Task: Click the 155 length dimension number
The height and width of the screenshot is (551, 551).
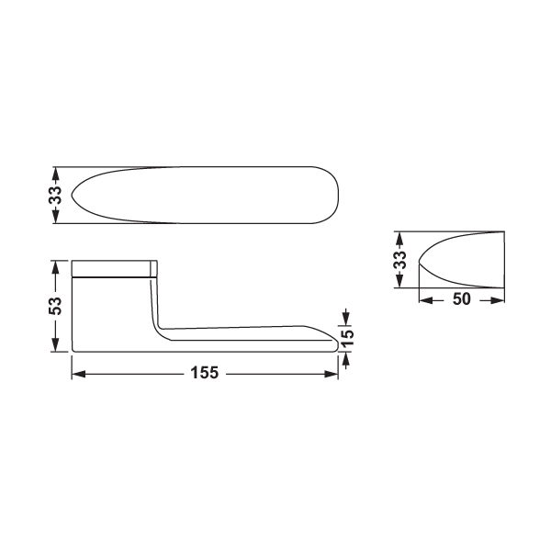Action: pyautogui.click(x=205, y=373)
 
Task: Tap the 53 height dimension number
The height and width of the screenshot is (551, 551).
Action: pyautogui.click(x=55, y=306)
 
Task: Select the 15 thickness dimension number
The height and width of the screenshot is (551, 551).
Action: pyautogui.click(x=347, y=338)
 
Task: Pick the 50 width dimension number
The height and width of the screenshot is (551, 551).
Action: pyautogui.click(x=461, y=299)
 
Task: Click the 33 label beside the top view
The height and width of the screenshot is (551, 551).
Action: pyautogui.click(x=55, y=195)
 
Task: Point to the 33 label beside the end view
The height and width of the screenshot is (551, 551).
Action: pyautogui.click(x=399, y=260)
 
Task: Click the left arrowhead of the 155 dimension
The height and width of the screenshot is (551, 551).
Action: pyautogui.click(x=78, y=375)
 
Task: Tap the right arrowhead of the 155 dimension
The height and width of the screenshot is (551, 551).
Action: pyautogui.click(x=331, y=375)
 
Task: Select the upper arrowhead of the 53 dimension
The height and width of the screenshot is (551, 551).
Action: pyautogui.click(x=55, y=267)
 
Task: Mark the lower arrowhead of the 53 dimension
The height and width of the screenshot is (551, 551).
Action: pyautogui.click(x=55, y=344)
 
